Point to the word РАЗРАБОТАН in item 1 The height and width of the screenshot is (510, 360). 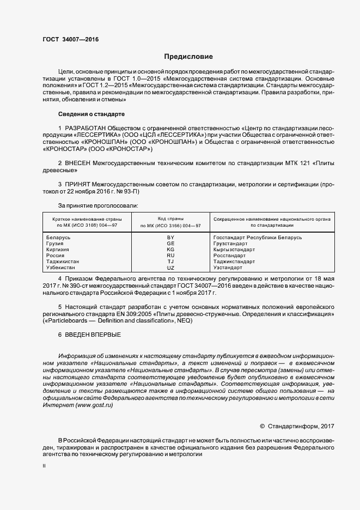[x=89, y=128]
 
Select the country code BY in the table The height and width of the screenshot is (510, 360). [x=170, y=238]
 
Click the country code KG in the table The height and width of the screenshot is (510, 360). [x=170, y=250]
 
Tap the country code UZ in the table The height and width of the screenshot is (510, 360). [x=170, y=268]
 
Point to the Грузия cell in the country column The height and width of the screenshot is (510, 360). [x=56, y=244]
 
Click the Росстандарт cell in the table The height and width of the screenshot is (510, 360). [x=229, y=256]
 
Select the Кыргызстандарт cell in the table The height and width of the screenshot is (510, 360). [x=234, y=250]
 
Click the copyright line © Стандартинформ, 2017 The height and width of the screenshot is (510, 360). [x=297, y=425]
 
